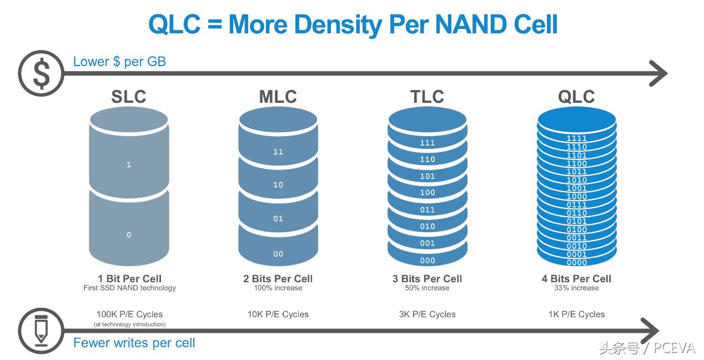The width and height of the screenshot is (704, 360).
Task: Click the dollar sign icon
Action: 41,73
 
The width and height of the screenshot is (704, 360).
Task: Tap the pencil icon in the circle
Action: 41,331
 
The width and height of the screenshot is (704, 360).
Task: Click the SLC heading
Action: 128,97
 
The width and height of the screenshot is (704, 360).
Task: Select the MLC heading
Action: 278,97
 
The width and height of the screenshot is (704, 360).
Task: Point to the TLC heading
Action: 427,97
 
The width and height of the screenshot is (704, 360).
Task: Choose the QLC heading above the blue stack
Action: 576,97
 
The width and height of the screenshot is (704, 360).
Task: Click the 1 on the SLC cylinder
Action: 129,164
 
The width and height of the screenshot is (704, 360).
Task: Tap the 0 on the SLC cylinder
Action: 129,235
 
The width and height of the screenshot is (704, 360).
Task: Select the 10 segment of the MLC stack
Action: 278,185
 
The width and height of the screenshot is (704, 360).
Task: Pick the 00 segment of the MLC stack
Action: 278,254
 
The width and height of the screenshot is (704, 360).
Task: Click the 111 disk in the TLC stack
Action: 428,143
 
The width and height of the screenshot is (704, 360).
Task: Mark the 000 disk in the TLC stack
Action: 428,260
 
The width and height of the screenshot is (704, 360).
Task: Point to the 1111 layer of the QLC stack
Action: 577,138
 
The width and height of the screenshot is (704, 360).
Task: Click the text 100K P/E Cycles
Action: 129,314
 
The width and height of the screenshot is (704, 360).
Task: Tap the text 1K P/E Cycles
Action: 576,314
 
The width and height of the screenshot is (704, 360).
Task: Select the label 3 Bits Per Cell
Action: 427,278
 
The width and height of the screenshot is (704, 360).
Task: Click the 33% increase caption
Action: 576,288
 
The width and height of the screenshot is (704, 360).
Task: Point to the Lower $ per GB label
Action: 119,62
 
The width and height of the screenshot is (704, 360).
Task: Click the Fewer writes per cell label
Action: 134,343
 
